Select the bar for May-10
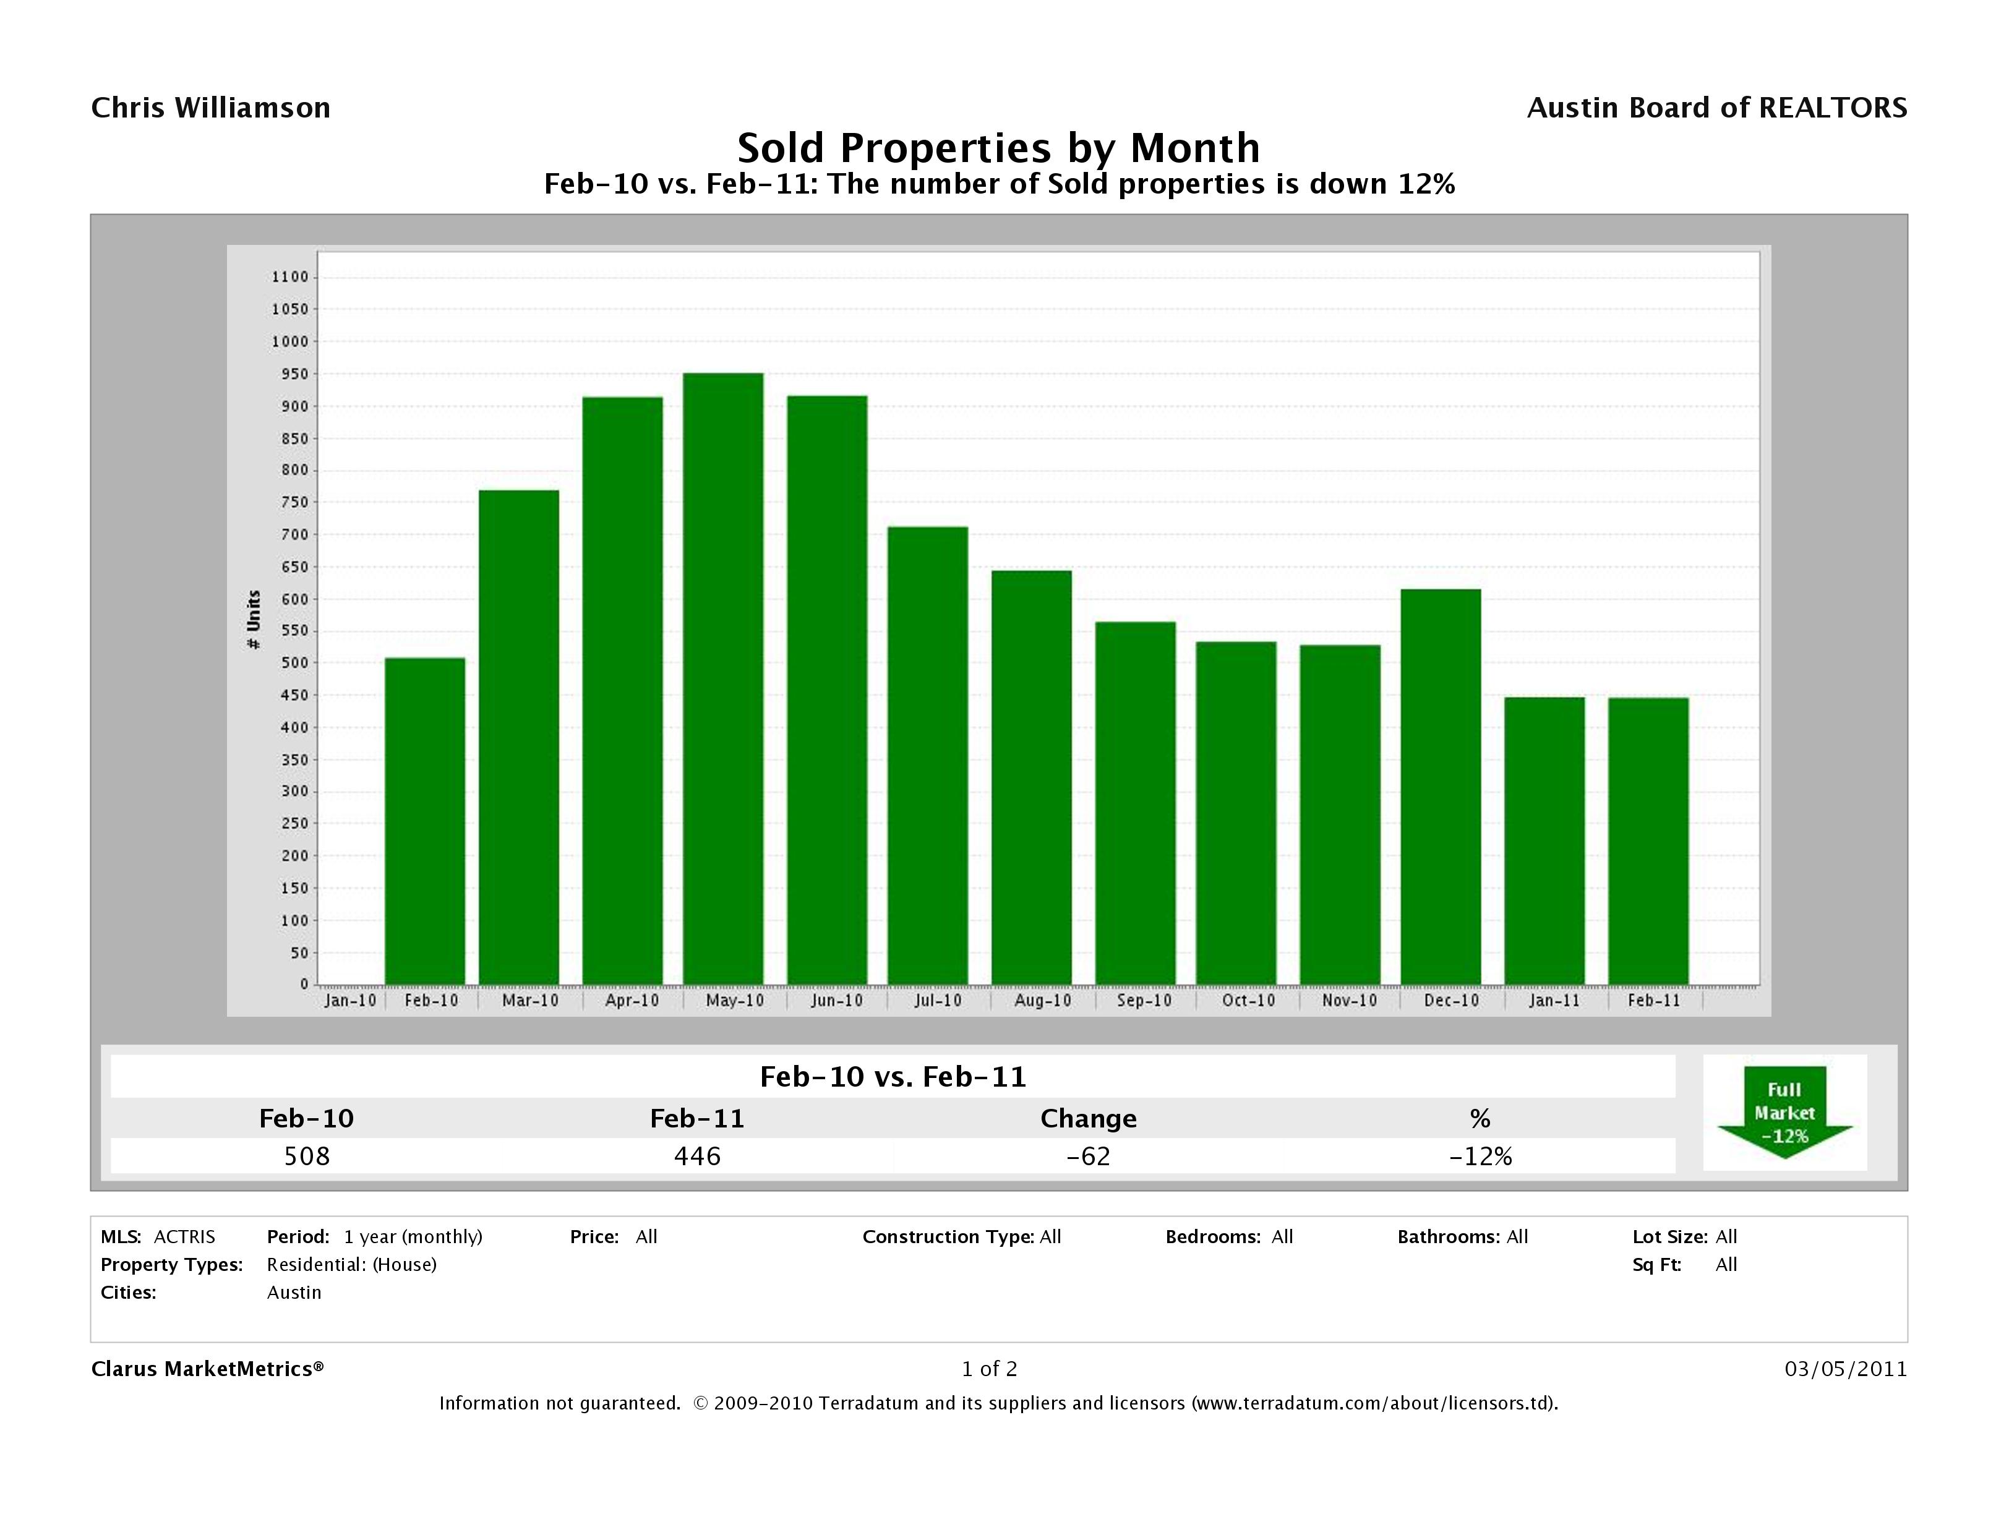point(723,678)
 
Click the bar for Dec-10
point(1441,787)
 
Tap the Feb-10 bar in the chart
point(425,821)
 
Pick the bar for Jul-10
point(928,755)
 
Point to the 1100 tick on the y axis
point(289,277)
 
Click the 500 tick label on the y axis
point(289,662)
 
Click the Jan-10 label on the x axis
point(350,1001)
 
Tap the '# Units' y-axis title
point(254,619)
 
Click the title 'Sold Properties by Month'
point(998,147)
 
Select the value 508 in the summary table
point(307,1156)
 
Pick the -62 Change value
point(1088,1156)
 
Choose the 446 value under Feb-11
point(698,1156)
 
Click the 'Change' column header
point(1088,1119)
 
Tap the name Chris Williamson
point(211,108)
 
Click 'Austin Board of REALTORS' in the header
point(1716,108)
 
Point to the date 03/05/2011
point(1845,1369)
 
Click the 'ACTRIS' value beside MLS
point(184,1236)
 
